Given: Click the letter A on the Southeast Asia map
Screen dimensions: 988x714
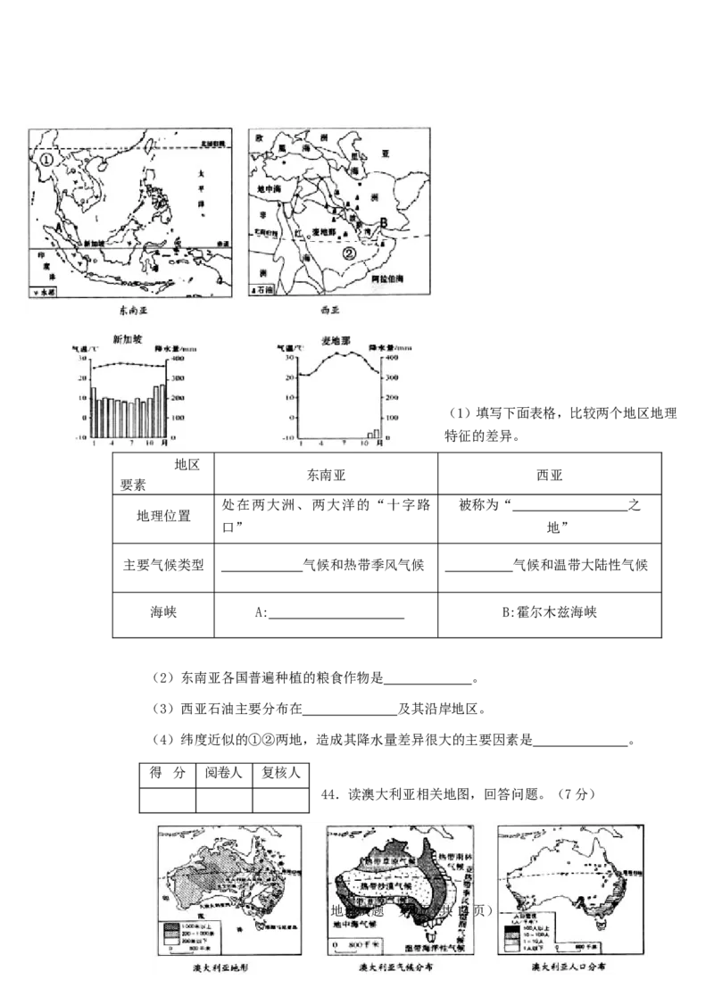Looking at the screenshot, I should pyautogui.click(x=59, y=228).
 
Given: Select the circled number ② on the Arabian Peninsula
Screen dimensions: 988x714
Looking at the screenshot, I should pyautogui.click(x=351, y=253).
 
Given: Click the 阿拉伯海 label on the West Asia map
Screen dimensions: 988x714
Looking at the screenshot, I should pyautogui.click(x=392, y=279).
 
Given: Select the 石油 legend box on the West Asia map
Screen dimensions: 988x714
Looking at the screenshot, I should pyautogui.click(x=265, y=290).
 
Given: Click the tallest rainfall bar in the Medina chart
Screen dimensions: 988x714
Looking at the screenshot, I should pyautogui.click(x=377, y=433).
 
